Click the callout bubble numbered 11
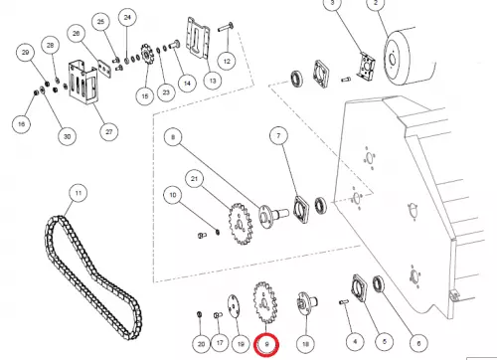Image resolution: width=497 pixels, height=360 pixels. coord(79,193)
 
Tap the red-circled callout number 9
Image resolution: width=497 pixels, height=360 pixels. coord(266,345)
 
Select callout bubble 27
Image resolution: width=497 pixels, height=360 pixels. coord(109,132)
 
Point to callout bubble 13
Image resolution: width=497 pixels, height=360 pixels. coord(213,81)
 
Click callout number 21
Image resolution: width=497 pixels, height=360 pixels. coord(194,179)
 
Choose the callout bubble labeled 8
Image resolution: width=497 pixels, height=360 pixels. coord(173,137)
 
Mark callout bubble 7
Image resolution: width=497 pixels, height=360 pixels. coord(278,135)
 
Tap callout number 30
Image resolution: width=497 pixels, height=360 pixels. coord(67,136)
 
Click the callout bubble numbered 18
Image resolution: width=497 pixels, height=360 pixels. coord(305,344)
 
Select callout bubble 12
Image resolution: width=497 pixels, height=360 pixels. coord(227,62)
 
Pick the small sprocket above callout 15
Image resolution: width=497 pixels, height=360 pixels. coord(145,56)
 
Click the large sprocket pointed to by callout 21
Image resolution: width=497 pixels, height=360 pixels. coord(241,224)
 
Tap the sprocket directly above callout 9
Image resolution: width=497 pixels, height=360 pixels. coord(265,302)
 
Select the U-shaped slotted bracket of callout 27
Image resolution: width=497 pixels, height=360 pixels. coord(83,83)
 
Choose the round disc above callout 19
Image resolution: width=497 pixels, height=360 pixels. coord(234,306)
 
